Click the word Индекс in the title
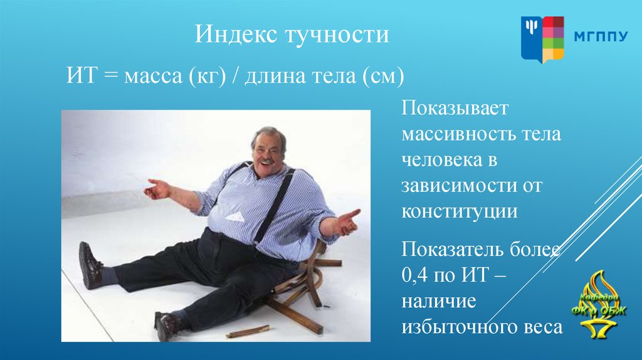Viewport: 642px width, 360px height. point(236,34)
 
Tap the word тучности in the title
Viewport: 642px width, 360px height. point(337,34)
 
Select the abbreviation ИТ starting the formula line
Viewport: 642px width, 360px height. point(82,75)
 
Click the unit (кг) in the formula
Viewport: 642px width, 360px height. point(207,76)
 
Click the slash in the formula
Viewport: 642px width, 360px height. point(236,76)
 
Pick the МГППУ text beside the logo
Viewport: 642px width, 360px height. point(601,37)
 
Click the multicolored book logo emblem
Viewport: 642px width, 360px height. point(542,40)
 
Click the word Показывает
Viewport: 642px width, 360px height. point(455,108)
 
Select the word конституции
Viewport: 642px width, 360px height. point(460,212)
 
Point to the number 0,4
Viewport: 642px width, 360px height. point(414,275)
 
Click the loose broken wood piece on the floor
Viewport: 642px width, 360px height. point(248,331)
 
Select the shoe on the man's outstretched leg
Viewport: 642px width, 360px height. point(90,265)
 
